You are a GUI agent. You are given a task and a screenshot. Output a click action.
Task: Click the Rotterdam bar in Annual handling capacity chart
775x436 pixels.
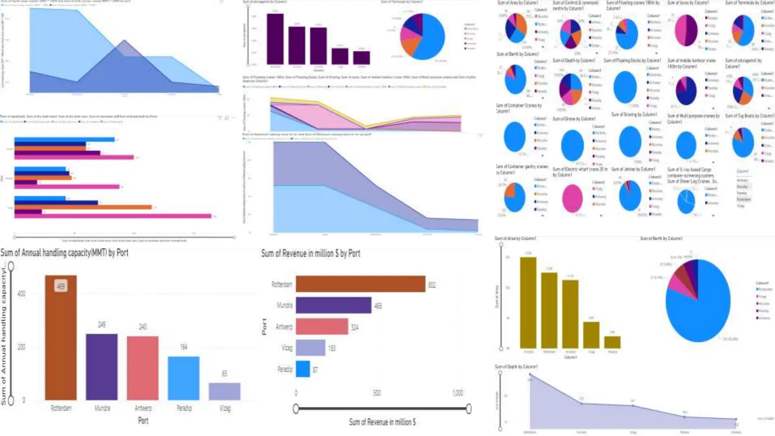[x=61, y=341]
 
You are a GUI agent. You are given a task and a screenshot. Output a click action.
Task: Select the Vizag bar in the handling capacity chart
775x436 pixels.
[x=224, y=391]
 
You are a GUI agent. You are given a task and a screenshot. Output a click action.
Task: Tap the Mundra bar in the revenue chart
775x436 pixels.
[x=333, y=305]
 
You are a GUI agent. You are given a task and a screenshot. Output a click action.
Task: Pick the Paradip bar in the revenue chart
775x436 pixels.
[x=303, y=369]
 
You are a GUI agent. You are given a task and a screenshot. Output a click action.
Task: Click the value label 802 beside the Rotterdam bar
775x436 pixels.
[x=432, y=285]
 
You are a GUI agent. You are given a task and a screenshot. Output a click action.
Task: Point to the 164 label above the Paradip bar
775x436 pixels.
[x=184, y=347]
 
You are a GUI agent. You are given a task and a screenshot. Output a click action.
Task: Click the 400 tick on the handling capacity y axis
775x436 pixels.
[x=21, y=294]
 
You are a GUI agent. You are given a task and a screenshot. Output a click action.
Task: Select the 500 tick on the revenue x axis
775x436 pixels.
[x=377, y=393]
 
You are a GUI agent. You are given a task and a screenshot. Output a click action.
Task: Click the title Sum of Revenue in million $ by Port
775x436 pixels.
[x=310, y=254]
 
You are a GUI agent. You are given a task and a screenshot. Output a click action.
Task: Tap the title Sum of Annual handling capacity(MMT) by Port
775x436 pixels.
[x=64, y=253]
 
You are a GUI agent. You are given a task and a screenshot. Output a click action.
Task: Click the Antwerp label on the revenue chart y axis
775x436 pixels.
[x=284, y=327]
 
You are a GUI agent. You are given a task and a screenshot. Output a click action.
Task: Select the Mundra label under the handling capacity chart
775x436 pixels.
[x=102, y=408]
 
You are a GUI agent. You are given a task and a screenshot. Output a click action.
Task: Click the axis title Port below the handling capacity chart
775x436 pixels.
[x=143, y=420]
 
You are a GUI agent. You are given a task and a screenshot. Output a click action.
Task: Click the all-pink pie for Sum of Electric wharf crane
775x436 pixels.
[x=572, y=198]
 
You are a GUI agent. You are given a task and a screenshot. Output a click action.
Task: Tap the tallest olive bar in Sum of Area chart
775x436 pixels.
[x=528, y=303]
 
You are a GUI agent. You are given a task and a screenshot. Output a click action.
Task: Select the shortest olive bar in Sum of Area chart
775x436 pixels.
[x=612, y=342]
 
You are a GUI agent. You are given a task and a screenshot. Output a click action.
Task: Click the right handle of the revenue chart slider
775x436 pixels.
[x=469, y=408]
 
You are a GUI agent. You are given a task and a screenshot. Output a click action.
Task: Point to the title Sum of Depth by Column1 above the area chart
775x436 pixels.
[x=516, y=367]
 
